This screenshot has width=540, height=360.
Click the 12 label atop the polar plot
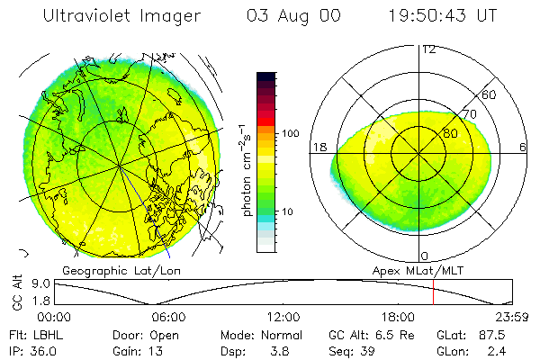click(428, 49)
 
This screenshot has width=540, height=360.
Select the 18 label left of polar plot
click(318, 147)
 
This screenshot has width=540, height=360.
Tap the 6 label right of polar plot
click(523, 147)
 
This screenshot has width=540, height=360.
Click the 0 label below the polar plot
click(425, 256)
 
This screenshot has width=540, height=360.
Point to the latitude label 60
click(490, 94)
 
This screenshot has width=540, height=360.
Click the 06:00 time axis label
click(168, 317)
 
